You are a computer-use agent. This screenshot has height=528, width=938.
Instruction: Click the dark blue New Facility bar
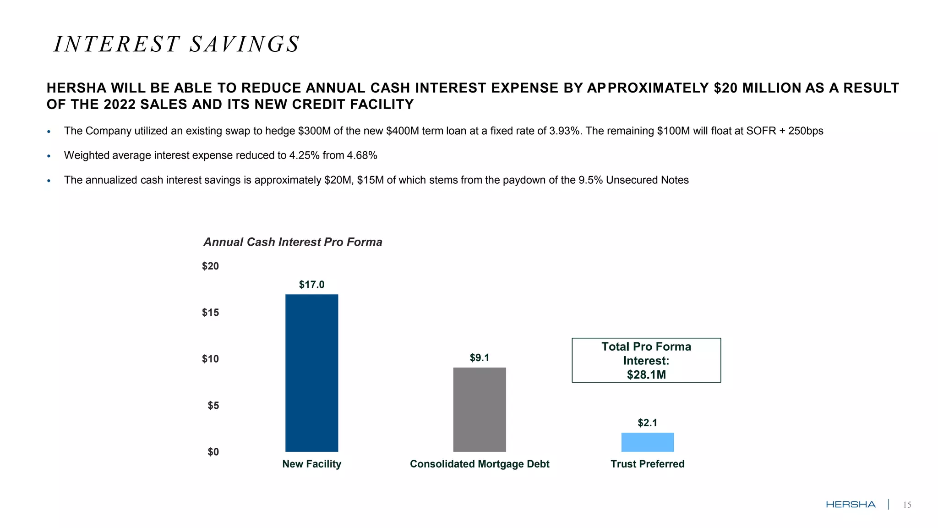[311, 373]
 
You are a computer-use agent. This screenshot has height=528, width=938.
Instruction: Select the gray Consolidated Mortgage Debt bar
[480, 409]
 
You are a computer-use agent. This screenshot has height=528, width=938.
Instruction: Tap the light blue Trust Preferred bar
[647, 442]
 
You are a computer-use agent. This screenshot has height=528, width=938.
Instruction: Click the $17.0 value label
[311, 285]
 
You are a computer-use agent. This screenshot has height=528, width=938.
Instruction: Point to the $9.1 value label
[480, 357]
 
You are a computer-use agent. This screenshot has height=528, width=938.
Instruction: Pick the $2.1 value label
[647, 423]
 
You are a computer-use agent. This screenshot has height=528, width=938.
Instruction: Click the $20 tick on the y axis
[210, 266]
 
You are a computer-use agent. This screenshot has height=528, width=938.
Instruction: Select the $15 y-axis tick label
[210, 313]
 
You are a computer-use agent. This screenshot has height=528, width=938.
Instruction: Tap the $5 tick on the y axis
[213, 406]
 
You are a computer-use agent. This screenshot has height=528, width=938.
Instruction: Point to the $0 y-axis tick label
[213, 452]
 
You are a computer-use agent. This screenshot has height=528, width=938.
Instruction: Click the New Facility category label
[311, 464]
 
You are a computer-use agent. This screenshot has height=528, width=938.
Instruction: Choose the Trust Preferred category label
[647, 464]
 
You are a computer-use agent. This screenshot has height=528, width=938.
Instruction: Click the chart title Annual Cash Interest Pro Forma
[293, 242]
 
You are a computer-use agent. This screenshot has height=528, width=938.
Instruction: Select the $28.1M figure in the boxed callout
[646, 375]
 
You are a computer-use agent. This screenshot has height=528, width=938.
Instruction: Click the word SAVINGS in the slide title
[245, 44]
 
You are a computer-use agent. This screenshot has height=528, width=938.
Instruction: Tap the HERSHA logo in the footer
[851, 505]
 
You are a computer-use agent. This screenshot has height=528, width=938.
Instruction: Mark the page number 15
[907, 505]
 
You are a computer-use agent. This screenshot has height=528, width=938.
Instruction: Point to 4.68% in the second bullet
[362, 155]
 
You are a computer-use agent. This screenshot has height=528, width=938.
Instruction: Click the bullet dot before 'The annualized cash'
[49, 181]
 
